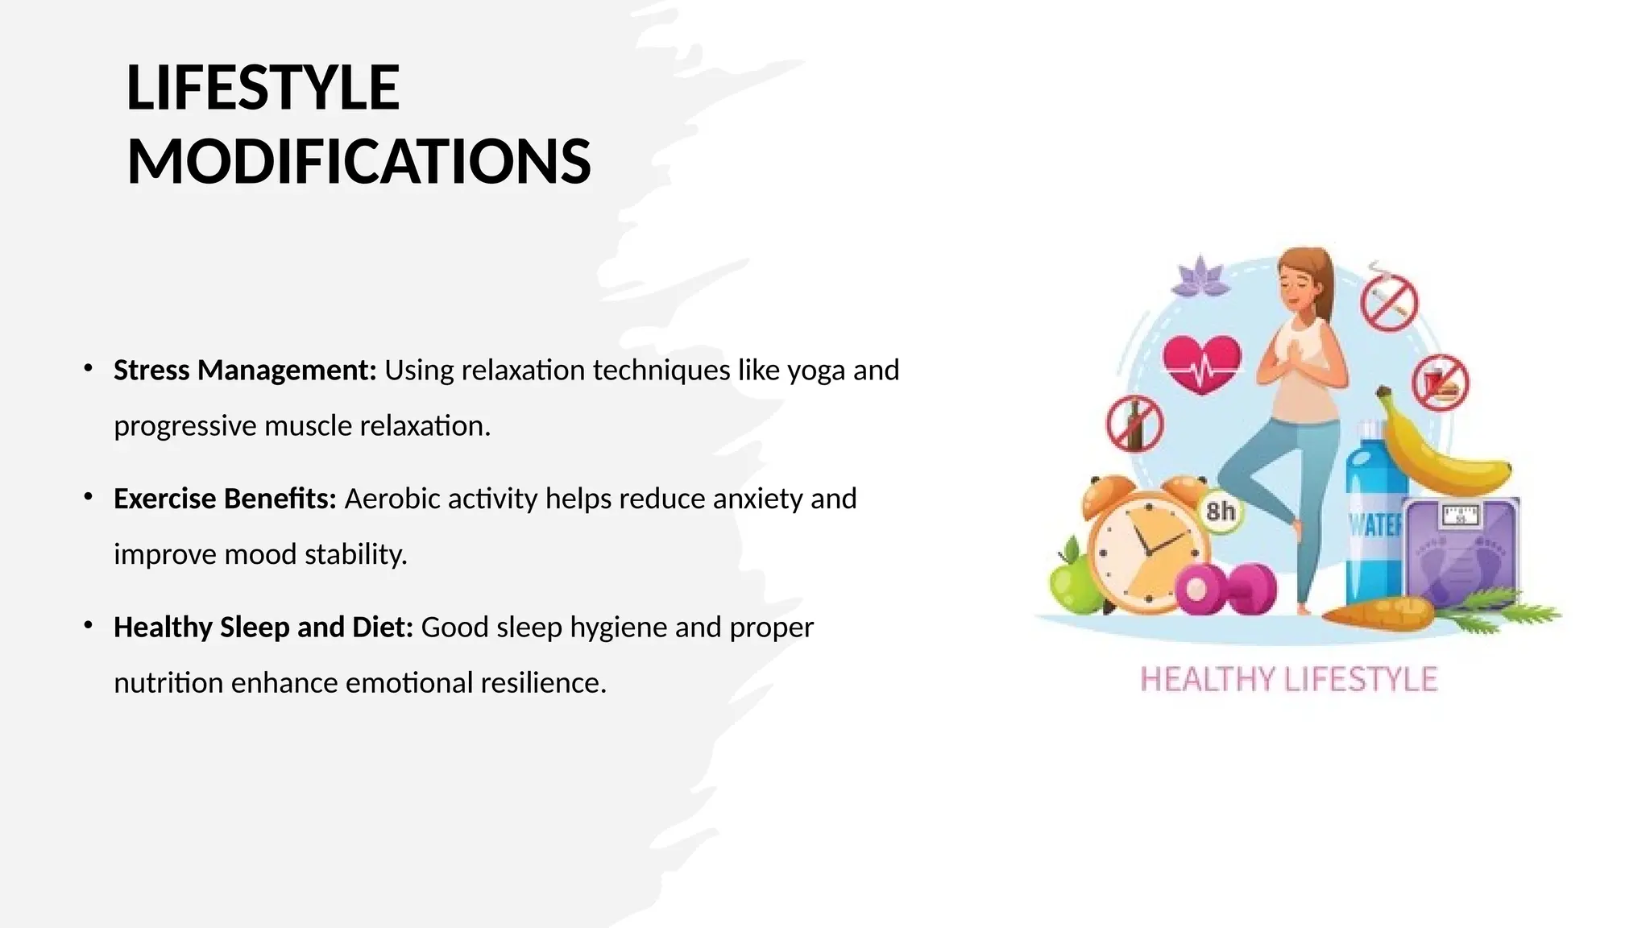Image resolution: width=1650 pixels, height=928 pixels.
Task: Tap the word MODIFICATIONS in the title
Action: pos(359,161)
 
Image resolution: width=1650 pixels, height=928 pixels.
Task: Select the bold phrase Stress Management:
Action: pos(245,370)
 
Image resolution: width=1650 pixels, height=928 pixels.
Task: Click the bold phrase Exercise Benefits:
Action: pos(225,499)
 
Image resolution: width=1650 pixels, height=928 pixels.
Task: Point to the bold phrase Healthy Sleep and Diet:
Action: pos(263,627)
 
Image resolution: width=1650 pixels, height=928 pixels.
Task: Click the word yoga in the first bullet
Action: pos(815,371)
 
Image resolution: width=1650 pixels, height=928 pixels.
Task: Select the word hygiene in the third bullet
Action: pos(618,627)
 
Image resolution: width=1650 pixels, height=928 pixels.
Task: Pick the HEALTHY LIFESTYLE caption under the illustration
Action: pos(1288,679)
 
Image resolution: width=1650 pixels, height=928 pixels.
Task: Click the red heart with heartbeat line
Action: pos(1202,364)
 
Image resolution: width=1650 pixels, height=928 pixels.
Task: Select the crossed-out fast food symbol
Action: pos(1441,383)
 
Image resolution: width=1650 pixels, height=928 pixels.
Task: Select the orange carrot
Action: pos(1378,614)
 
